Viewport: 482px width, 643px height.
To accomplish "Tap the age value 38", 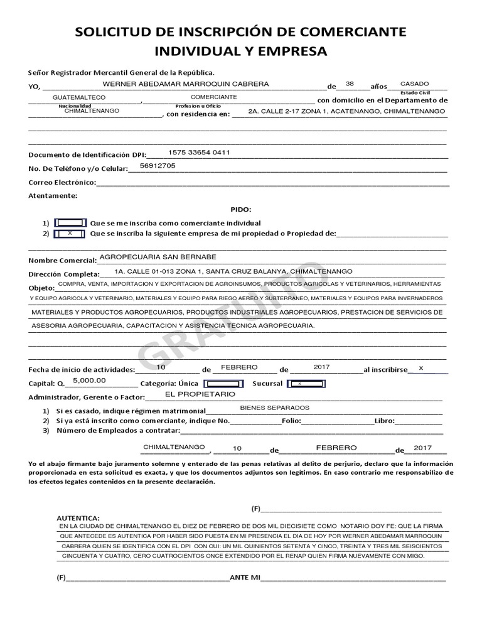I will (350, 84).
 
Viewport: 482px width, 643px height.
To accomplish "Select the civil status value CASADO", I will (414, 84).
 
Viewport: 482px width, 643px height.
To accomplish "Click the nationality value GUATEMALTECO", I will (79, 98).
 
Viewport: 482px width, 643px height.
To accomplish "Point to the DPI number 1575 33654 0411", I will (199, 153).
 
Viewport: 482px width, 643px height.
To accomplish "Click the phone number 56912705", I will (158, 166).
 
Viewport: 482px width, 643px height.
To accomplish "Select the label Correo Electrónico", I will (62, 182).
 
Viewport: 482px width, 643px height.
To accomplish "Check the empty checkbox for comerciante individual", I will (70, 223).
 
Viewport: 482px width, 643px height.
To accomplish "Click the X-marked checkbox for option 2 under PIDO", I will (70, 233).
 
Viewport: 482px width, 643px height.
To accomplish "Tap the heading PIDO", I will (240, 209).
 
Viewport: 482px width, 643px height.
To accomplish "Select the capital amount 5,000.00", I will (89, 381).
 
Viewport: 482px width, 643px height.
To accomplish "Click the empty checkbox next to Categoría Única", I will (225, 383).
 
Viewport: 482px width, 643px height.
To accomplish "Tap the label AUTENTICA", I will (78, 517).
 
